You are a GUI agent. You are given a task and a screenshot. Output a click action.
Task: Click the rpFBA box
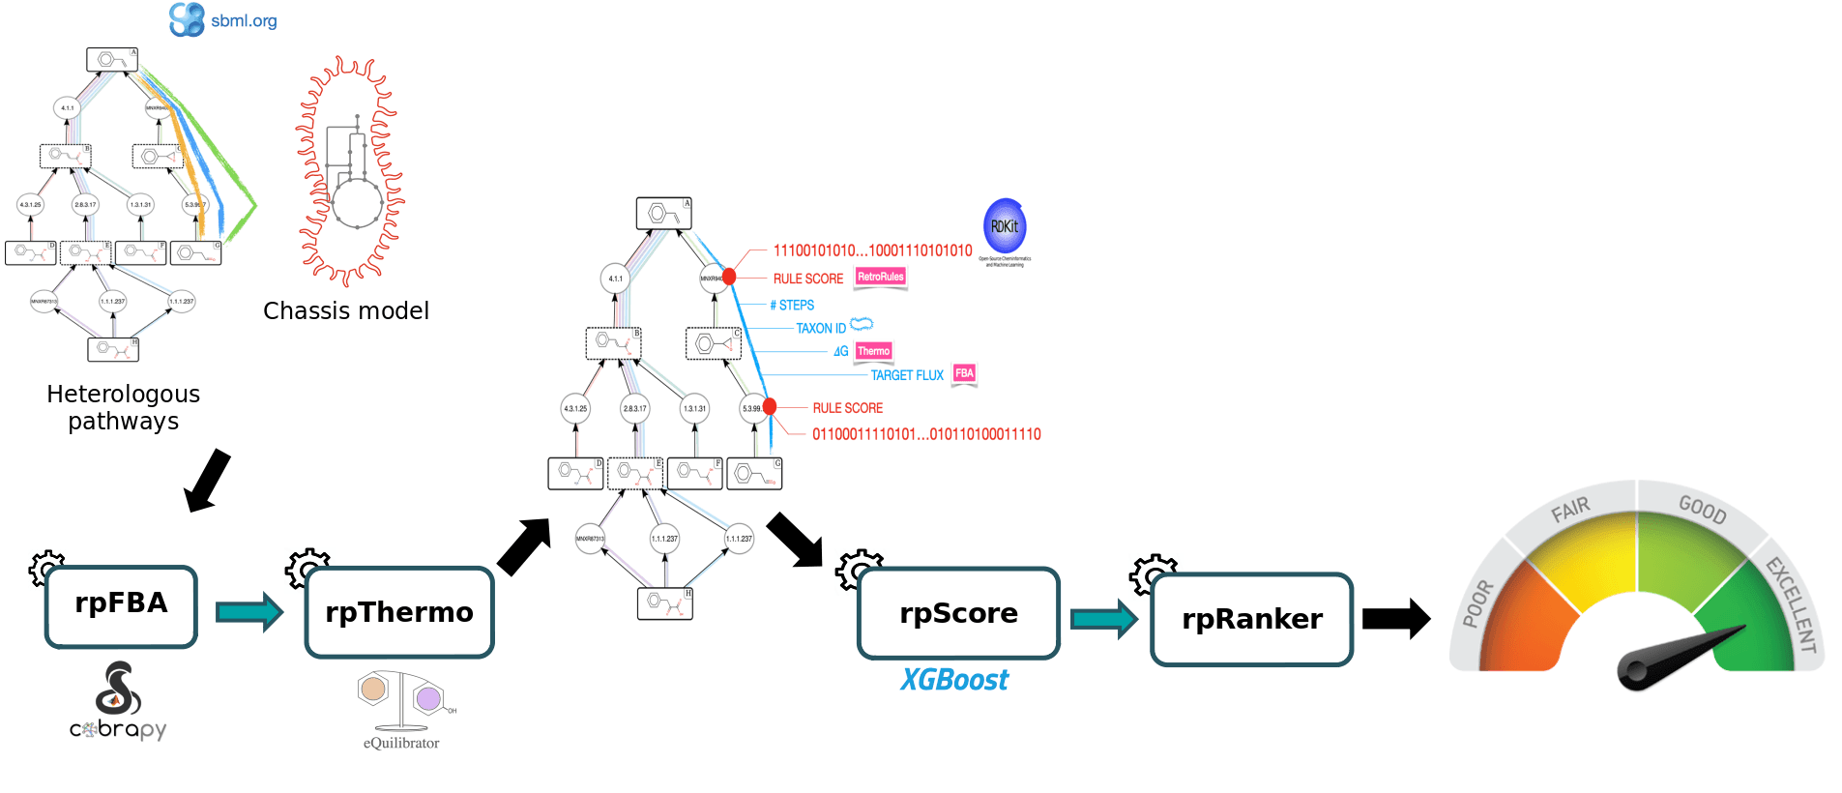click(121, 606)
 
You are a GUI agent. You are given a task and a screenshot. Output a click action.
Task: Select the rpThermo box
click(399, 612)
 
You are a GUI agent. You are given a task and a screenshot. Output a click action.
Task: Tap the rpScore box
click(958, 613)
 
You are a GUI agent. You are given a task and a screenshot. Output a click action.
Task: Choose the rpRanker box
click(1251, 619)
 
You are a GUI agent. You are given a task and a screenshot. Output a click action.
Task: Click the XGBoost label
click(954, 680)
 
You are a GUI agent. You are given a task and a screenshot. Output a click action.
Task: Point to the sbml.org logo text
click(244, 21)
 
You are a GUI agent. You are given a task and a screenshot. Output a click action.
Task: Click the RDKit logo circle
click(1005, 226)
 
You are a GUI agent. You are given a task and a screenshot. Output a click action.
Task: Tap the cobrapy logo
click(118, 702)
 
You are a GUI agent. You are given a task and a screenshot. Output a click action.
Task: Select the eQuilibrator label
click(401, 743)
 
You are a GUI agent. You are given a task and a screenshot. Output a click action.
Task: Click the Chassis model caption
click(346, 310)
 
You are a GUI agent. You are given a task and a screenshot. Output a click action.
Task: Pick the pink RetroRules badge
click(881, 278)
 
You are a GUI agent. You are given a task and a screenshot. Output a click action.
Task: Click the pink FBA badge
click(964, 373)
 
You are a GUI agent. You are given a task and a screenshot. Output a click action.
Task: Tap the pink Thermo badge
click(873, 351)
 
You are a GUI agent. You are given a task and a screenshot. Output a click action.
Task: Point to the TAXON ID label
click(821, 329)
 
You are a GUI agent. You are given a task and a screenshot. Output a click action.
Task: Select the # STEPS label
click(792, 305)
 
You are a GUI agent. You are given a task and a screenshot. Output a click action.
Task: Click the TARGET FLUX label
click(907, 375)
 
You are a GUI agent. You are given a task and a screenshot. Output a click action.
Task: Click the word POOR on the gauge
click(1477, 604)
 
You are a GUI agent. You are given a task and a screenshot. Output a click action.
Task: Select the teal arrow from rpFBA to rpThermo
click(249, 611)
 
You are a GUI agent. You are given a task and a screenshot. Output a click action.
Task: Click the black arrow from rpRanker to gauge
click(1395, 619)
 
